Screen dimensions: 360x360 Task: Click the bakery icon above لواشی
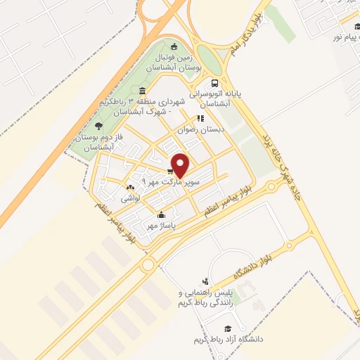129,188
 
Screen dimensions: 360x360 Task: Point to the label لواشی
131,198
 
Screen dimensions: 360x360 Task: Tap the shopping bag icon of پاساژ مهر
162,215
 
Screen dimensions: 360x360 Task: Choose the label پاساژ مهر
160,226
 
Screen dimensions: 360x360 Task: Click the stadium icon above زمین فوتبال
174,47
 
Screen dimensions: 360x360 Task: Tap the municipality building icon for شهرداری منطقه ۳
143,91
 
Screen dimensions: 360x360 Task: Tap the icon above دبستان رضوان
200,119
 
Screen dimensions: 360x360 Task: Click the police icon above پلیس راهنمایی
205,281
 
